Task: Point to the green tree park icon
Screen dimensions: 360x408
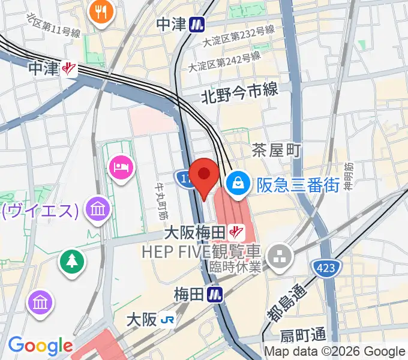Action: pos(71,260)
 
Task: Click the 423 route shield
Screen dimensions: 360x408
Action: pos(326,266)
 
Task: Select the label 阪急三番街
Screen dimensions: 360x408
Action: pos(298,184)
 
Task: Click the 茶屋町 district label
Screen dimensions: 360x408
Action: pos(276,150)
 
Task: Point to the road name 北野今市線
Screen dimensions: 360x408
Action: pos(239,92)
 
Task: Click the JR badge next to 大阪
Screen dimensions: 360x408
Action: pos(167,320)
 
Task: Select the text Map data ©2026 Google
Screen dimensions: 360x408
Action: pos(335,352)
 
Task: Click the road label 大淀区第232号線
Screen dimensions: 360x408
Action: pos(238,36)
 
